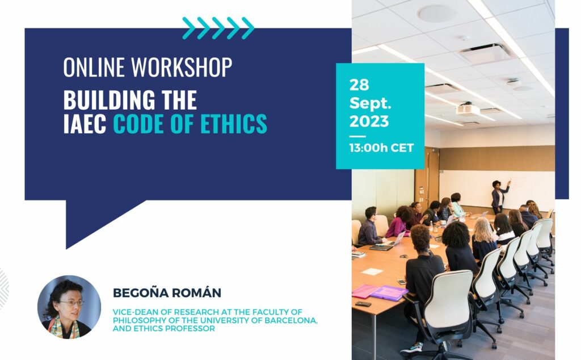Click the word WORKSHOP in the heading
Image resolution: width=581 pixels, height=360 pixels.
182,67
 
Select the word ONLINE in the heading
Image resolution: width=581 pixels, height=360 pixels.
94,67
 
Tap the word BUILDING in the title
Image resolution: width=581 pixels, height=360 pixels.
110,100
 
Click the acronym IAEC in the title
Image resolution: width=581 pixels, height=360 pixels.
85,123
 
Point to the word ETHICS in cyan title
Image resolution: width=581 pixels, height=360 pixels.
233,123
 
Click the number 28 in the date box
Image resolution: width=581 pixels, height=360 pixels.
359,85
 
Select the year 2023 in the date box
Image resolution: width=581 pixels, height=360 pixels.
369,122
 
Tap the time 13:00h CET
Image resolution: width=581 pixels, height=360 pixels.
381,148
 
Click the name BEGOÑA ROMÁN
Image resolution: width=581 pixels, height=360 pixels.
167,293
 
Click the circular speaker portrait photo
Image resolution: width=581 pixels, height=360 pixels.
69,307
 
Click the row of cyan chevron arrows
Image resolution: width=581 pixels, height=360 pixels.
218,28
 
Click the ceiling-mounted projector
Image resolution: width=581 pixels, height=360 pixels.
468,108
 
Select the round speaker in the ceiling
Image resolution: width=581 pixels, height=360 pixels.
436,14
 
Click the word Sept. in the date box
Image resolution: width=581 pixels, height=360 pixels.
370,103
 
